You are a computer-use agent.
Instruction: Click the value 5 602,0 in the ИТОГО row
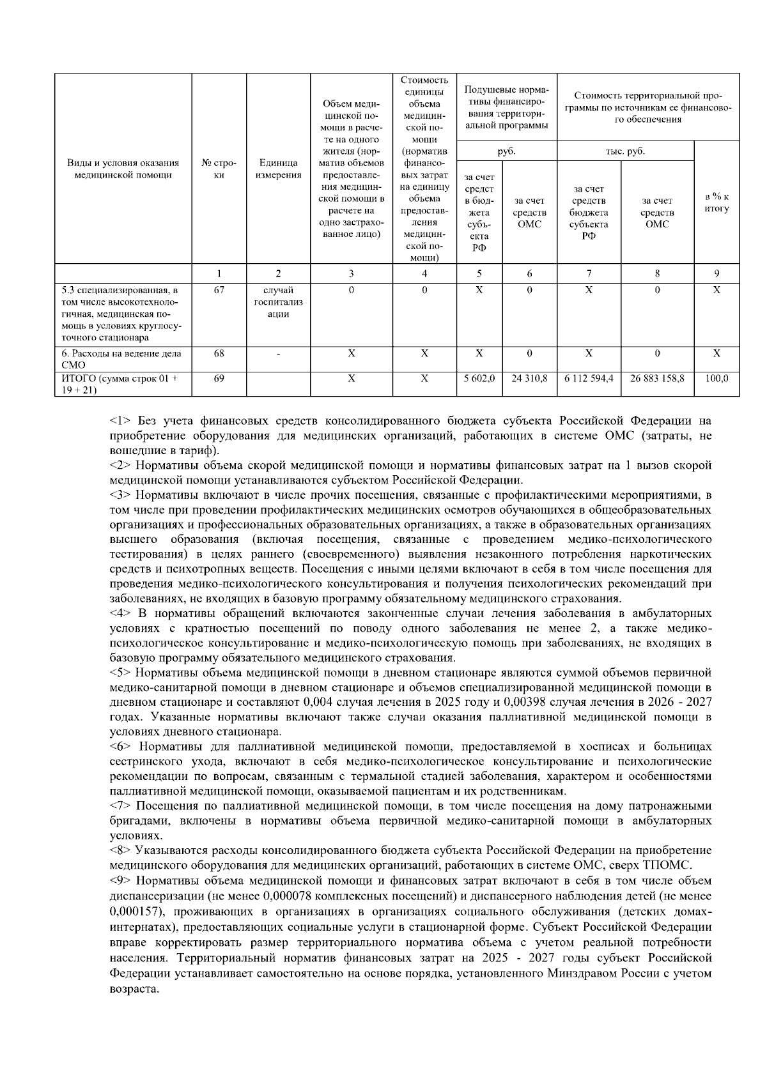tap(479, 378)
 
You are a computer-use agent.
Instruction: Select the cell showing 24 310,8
tap(529, 378)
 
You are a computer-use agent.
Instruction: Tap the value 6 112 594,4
tap(589, 378)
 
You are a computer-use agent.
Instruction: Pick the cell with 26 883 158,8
tap(657, 378)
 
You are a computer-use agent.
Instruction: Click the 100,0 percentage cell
tap(717, 378)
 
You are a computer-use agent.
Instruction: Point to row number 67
tap(219, 290)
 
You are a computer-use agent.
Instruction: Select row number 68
tap(219, 353)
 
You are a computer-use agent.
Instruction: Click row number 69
tap(219, 378)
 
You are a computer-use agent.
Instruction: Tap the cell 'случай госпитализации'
tap(278, 302)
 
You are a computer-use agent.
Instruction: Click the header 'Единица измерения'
tap(278, 169)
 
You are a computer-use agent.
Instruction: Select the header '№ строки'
tap(219, 169)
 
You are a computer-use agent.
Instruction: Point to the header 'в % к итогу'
tap(717, 202)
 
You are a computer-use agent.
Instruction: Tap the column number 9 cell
tap(717, 273)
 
